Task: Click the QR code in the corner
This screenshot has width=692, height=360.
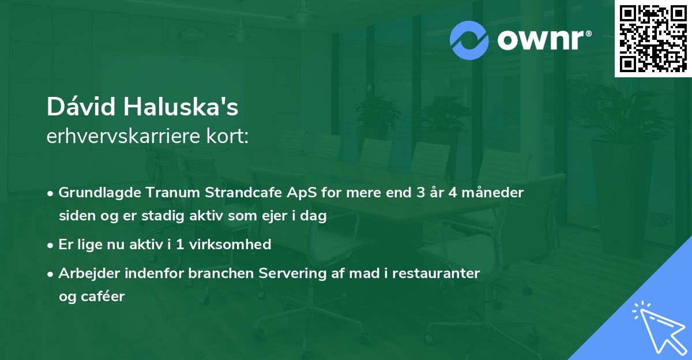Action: point(653,39)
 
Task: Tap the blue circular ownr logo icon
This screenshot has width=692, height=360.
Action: point(469,40)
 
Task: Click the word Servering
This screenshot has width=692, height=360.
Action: point(300,273)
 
